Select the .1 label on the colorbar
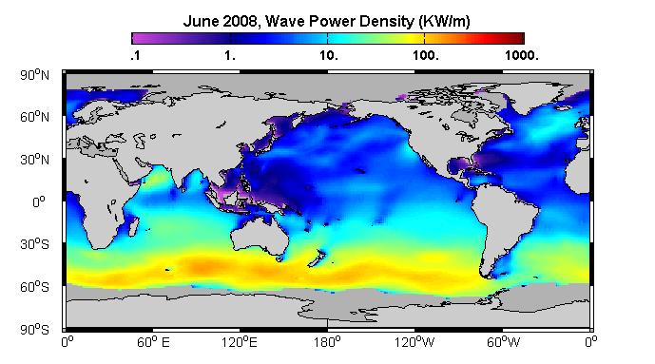click(x=135, y=55)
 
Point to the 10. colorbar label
click(x=328, y=55)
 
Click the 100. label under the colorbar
click(x=426, y=55)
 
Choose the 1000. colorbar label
click(x=521, y=55)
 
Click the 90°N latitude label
click(x=34, y=75)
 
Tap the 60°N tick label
click(x=34, y=117)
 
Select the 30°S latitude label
click(x=34, y=244)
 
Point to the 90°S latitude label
click(x=34, y=330)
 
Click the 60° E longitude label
click(x=153, y=343)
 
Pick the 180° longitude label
click(x=327, y=343)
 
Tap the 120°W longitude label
click(x=414, y=343)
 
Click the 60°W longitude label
click(x=503, y=343)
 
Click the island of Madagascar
click(x=133, y=226)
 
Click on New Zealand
click(x=317, y=258)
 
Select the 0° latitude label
click(x=40, y=202)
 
